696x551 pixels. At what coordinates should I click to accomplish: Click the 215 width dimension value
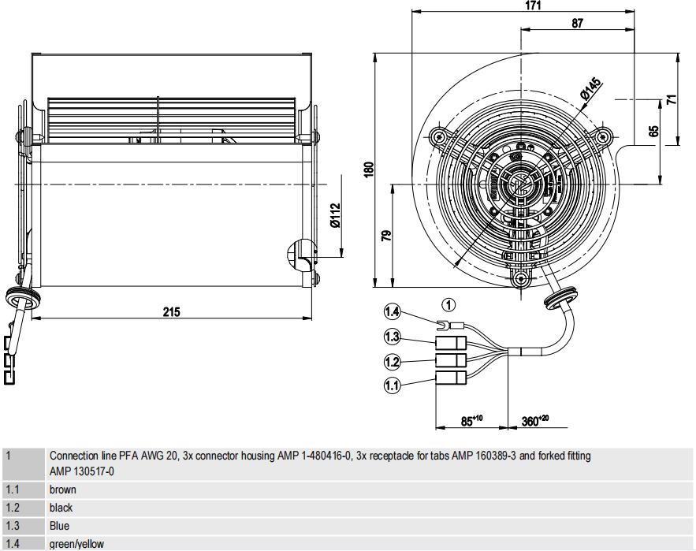pos(171,311)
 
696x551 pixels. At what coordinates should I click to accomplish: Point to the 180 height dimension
pos(368,169)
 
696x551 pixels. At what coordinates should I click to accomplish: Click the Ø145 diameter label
pos(590,89)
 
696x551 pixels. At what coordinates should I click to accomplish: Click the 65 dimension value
pos(653,131)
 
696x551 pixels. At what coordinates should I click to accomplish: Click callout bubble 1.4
pos(393,312)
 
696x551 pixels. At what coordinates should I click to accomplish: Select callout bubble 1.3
pos(393,337)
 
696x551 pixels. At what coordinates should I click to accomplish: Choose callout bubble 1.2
pos(393,362)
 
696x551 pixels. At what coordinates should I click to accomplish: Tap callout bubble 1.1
pos(393,385)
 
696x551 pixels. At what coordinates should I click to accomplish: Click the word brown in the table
pos(63,490)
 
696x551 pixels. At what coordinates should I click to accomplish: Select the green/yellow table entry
pos(76,544)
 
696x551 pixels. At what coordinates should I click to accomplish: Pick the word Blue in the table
pos(60,526)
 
